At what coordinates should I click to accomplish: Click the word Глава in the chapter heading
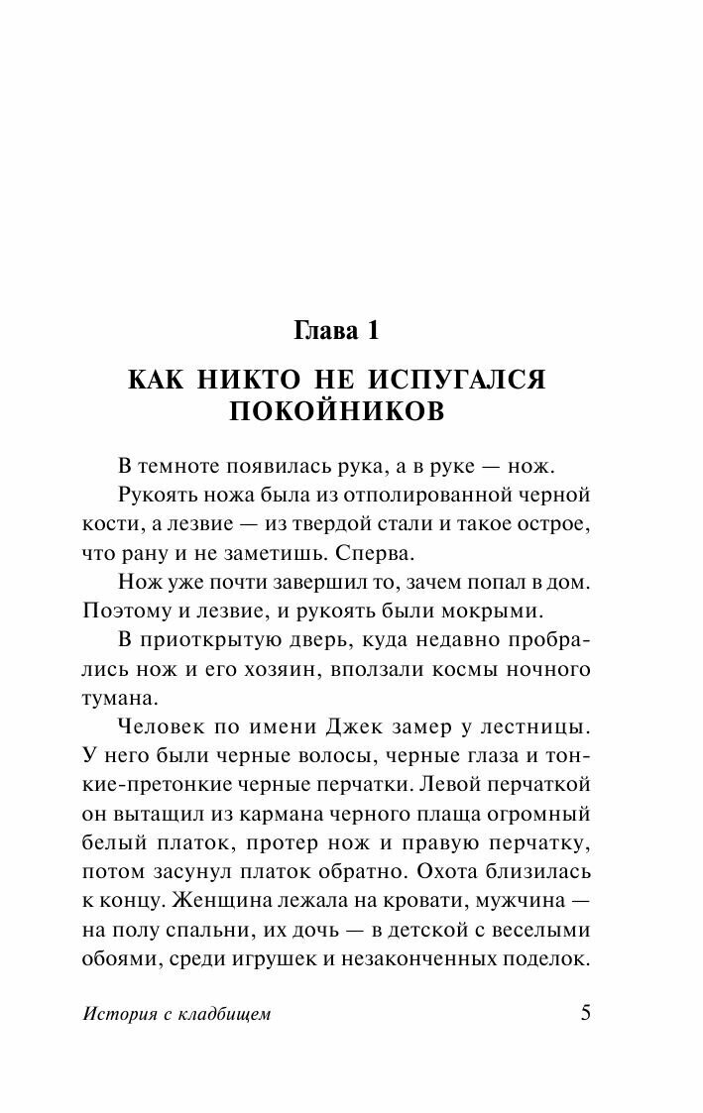[x=327, y=329]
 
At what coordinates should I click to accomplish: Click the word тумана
[x=115, y=698]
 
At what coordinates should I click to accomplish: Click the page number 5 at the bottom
[x=584, y=1013]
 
